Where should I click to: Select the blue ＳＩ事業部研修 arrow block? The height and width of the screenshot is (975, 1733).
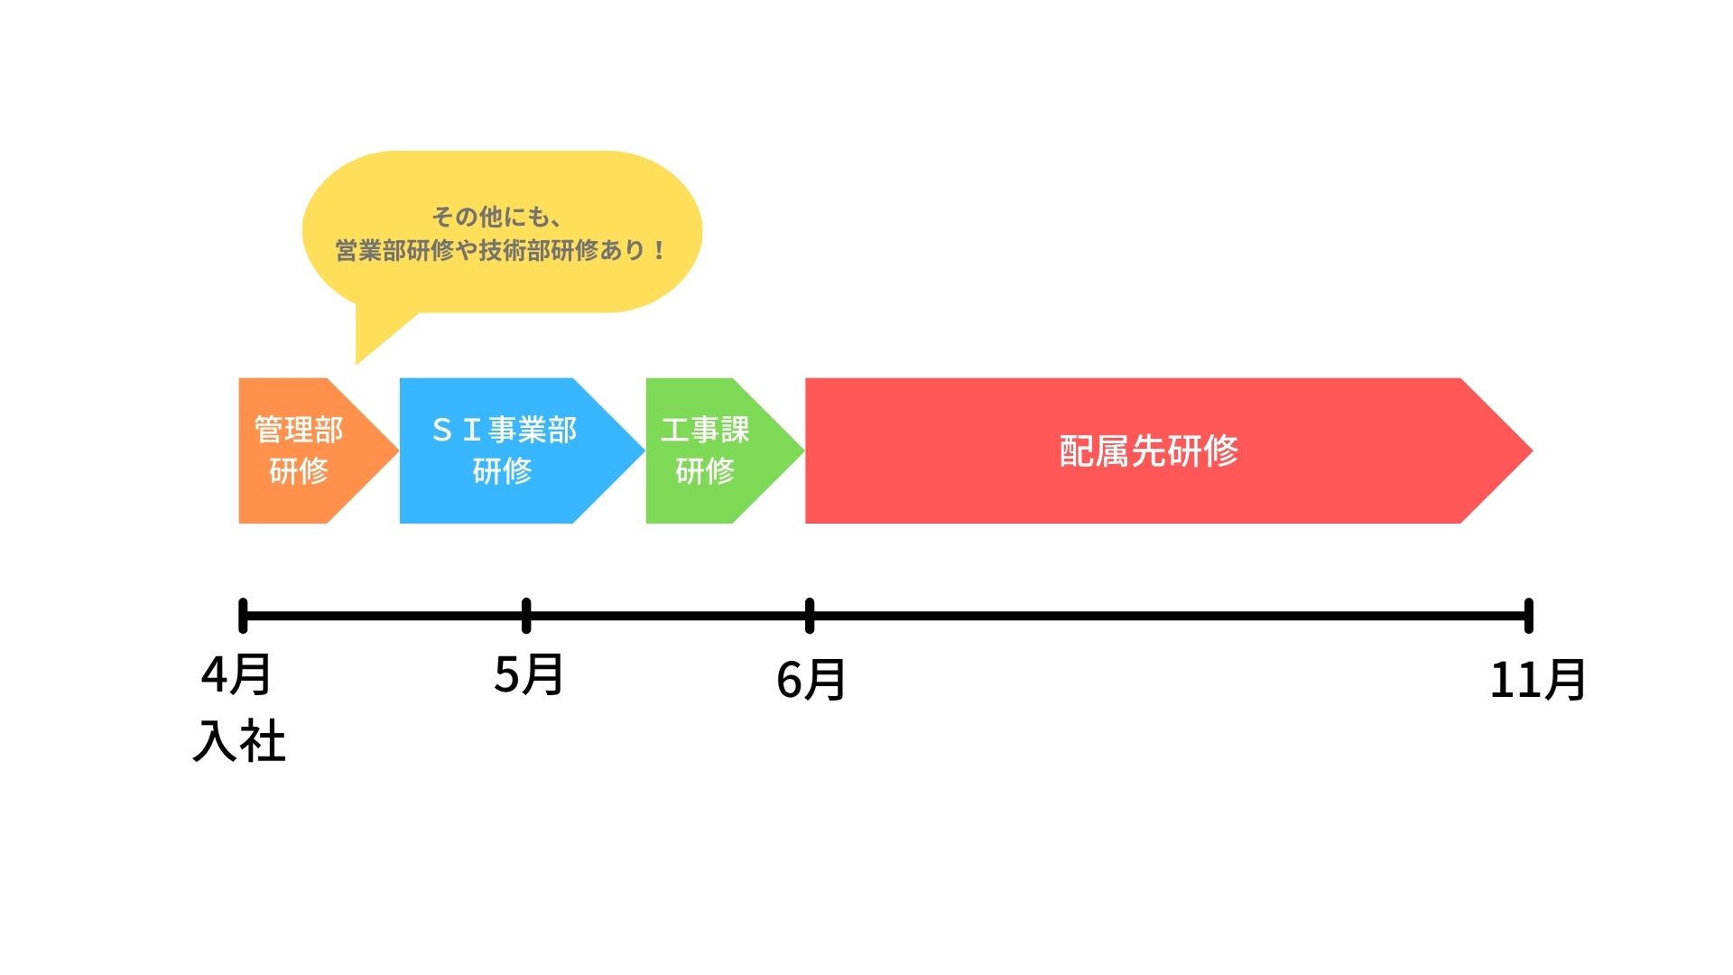point(514,450)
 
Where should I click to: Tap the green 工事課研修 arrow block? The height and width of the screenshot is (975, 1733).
point(718,450)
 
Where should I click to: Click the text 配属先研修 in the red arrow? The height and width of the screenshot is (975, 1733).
point(1148,450)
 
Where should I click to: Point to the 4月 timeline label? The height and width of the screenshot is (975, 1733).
point(236,674)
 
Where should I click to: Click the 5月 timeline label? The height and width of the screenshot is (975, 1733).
point(529,674)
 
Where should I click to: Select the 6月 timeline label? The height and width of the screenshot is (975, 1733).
point(811,679)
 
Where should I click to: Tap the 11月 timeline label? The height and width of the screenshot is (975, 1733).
point(1538,679)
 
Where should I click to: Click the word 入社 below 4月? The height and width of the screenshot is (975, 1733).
point(239,741)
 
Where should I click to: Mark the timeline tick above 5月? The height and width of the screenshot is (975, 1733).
point(526,616)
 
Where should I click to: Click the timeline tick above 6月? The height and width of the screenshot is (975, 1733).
point(810,616)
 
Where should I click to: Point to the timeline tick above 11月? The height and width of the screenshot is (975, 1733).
point(1528,616)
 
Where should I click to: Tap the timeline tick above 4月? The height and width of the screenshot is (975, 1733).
point(243,616)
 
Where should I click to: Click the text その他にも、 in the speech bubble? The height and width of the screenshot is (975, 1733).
point(497,218)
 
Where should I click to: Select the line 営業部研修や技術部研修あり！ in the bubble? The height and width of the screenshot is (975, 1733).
point(502,250)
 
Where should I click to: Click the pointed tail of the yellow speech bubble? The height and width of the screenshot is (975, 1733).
point(357,363)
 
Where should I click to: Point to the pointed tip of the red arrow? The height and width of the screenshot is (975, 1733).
point(1532,450)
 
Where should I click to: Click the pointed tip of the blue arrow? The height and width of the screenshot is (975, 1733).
point(644,450)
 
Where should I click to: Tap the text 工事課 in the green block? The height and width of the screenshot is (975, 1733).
point(705,430)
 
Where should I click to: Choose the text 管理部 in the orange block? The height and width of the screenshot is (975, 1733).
point(299,430)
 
